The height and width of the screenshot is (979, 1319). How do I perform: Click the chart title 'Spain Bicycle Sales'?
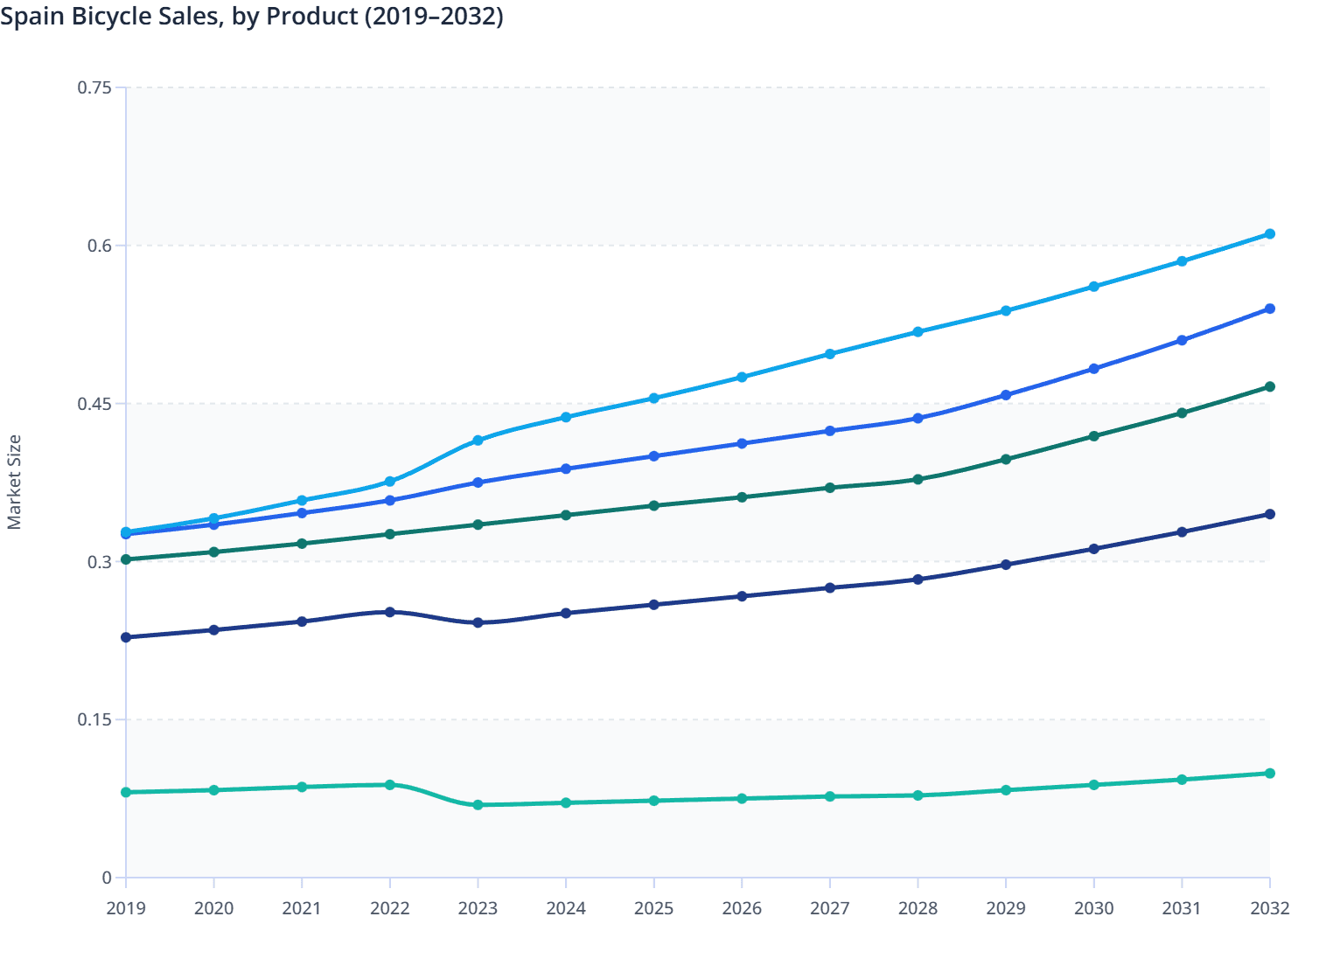coord(252,16)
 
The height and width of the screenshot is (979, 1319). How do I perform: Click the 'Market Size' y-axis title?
coord(14,483)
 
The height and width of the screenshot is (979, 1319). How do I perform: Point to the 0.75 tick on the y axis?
coord(94,87)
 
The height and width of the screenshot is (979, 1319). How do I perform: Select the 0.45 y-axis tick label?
coord(94,404)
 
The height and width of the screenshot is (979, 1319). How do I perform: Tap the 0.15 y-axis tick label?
coord(94,720)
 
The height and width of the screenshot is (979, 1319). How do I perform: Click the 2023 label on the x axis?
coord(478,908)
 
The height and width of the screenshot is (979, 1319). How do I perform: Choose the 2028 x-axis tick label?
coord(918,908)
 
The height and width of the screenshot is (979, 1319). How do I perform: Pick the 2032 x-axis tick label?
coord(1269,908)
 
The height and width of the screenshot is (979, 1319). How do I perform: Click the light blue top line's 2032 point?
coord(1270,234)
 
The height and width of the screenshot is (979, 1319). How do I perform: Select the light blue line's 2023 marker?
coord(478,441)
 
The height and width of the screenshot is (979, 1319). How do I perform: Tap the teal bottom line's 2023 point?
coord(478,805)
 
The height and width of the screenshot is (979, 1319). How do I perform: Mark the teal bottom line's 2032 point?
coord(1270,774)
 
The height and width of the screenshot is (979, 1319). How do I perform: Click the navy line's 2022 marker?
coord(390,612)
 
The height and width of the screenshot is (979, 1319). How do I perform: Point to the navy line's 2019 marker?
coord(126,637)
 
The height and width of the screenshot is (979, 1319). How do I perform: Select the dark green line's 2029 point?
coord(1006,460)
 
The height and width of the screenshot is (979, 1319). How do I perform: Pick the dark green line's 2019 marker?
coord(126,559)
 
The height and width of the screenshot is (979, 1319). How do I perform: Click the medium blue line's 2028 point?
coord(918,419)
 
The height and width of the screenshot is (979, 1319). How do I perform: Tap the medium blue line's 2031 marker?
coord(1182,340)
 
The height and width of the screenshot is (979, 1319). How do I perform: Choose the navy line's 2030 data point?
coord(1093,549)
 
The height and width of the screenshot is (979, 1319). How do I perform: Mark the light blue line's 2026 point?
coord(742,378)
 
